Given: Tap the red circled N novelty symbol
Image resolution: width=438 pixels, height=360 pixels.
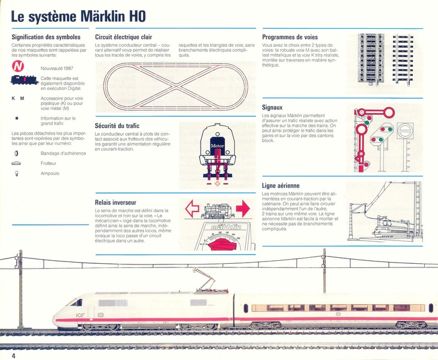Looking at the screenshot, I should tap(19, 68).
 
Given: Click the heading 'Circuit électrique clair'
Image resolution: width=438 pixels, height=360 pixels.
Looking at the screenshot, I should tap(123, 37).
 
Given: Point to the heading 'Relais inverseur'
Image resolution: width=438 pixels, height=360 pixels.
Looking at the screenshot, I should tap(116, 203).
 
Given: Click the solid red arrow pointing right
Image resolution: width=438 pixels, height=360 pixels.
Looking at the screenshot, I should tap(242, 209).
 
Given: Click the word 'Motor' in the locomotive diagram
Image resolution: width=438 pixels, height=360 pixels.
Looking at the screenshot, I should tap(217, 145).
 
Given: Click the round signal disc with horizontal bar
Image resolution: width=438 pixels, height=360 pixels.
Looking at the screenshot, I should tap(405, 130).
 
